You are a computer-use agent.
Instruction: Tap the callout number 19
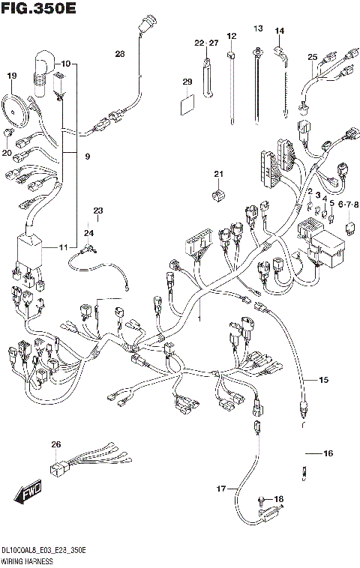click(11, 76)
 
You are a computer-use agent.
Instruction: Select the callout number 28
click(121, 53)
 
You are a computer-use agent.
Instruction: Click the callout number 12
click(231, 36)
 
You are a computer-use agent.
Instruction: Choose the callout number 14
click(280, 31)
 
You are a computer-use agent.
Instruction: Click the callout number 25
click(313, 57)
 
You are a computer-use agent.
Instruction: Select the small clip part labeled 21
click(218, 196)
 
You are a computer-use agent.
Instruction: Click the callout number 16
click(328, 453)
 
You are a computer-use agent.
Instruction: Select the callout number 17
click(221, 489)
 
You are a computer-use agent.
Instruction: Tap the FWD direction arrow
click(27, 495)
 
